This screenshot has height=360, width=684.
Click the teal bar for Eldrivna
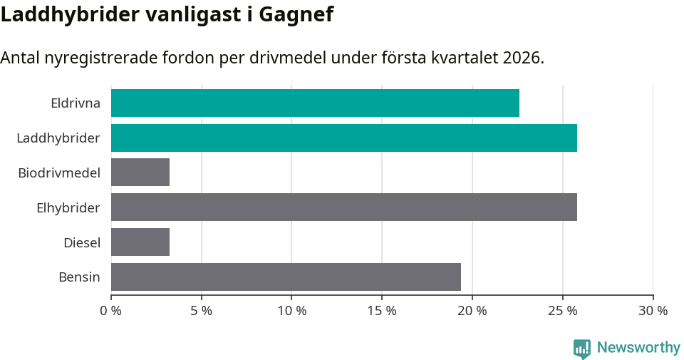click(315, 103)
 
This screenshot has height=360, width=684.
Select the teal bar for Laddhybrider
click(343, 138)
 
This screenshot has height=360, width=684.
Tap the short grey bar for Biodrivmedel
click(140, 173)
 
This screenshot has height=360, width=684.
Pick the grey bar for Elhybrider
click(343, 207)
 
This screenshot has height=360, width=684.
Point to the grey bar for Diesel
click(140, 242)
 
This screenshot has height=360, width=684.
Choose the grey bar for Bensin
click(286, 277)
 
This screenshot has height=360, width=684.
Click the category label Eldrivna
click(76, 103)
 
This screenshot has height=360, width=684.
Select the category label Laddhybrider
click(58, 138)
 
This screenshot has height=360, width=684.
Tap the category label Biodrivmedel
click(59, 173)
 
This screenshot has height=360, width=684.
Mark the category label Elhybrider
click(68, 207)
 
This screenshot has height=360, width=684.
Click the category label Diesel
click(82, 242)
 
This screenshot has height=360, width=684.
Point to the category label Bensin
click(79, 277)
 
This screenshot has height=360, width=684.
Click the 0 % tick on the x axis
click(111, 311)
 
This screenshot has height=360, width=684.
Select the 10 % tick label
click(292, 311)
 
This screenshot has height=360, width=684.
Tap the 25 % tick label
click(563, 311)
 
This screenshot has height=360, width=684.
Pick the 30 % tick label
click(653, 311)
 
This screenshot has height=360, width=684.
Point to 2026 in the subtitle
click(520, 58)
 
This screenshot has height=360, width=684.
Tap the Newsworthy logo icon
click(582, 348)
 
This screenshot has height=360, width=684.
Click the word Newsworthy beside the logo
click(638, 348)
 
